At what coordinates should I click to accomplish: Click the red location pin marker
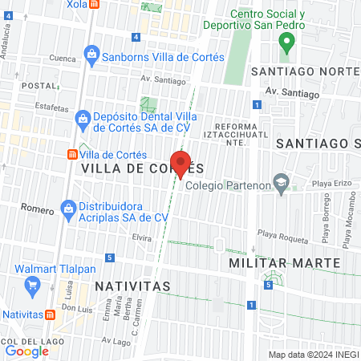coord(180,164)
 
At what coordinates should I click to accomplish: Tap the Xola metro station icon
coord(95,4)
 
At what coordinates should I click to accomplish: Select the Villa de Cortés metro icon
coord(72,155)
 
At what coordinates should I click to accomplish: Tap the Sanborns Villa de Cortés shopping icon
coord(91,56)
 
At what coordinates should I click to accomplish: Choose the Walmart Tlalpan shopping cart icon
coord(33,285)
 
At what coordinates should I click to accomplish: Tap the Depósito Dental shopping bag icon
coord(82,120)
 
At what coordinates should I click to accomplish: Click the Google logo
coord(26,351)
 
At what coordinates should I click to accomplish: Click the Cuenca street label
coord(63,59)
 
